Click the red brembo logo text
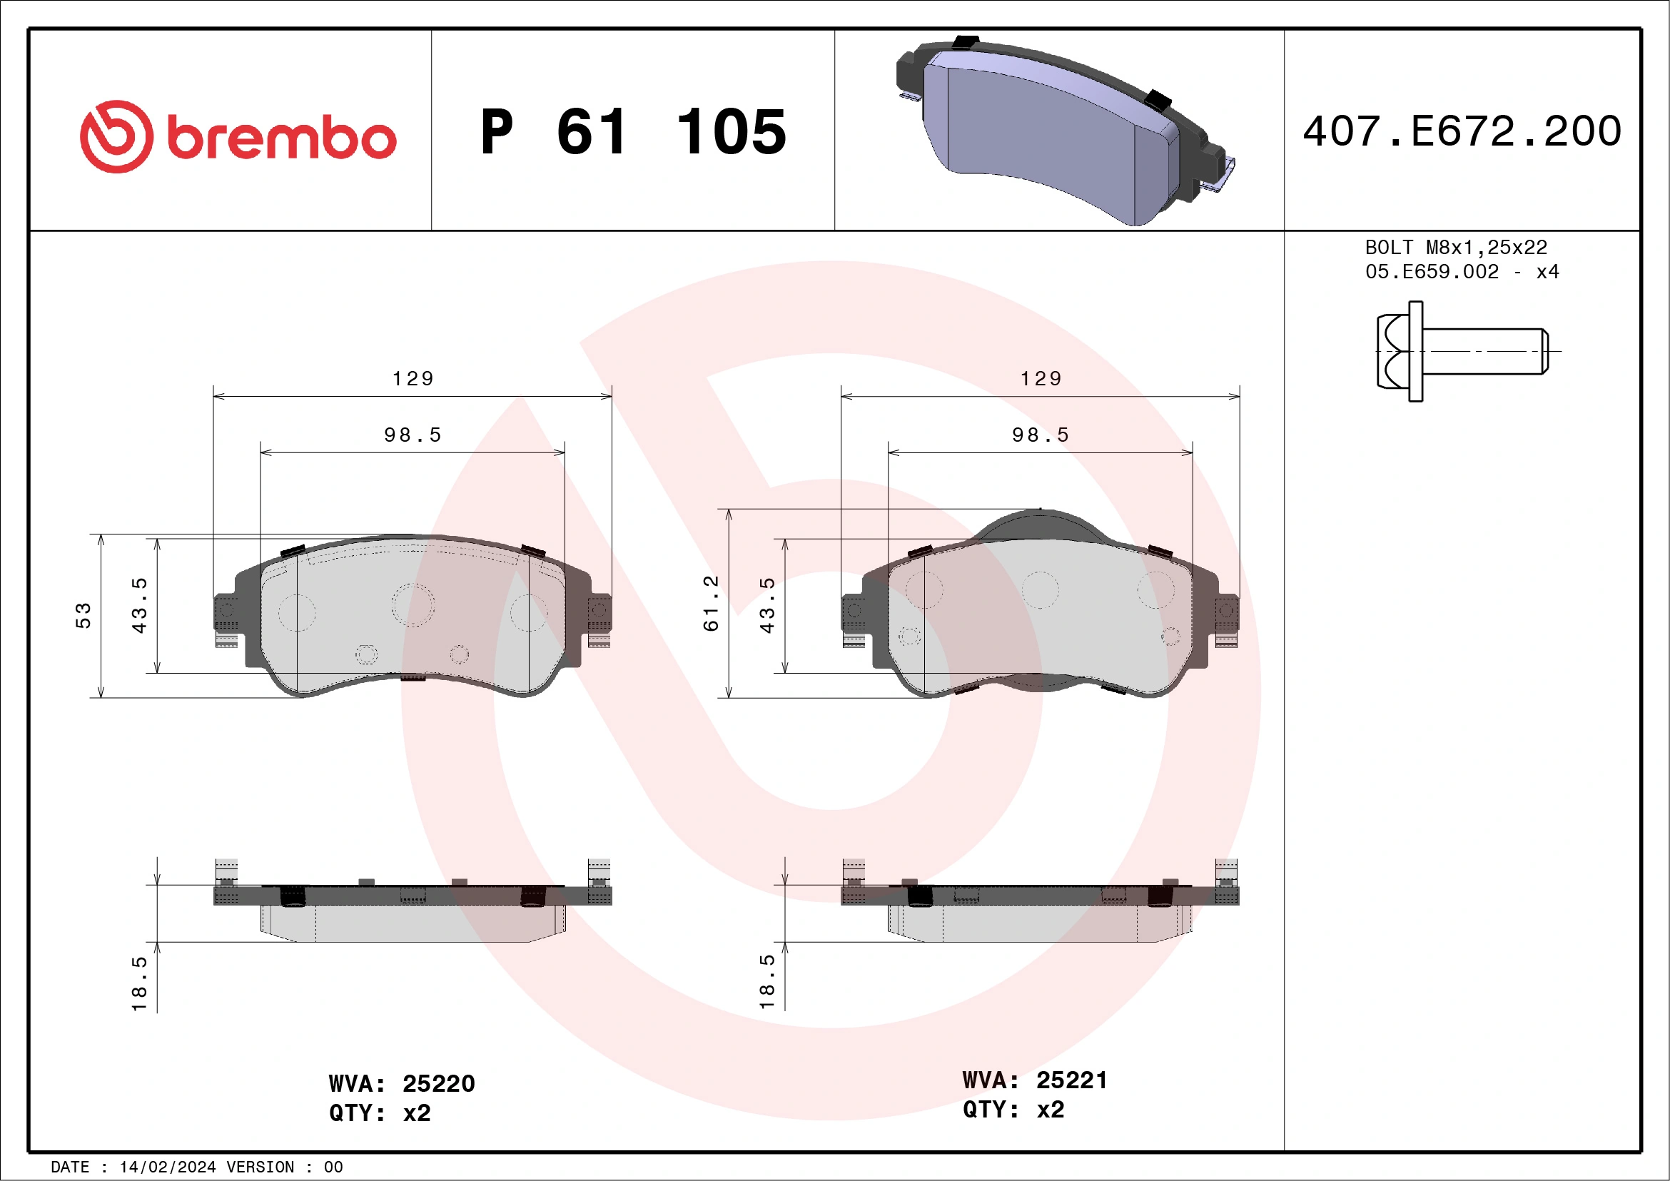[280, 138]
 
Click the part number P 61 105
[633, 132]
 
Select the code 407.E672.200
[1462, 131]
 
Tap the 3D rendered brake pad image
[1062, 131]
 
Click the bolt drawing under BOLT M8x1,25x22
[1462, 351]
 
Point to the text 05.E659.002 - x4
[1462, 272]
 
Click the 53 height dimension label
[83, 615]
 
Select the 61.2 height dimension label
[711, 603]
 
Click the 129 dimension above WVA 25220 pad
[413, 378]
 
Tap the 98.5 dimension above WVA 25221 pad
[1040, 435]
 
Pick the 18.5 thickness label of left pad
[139, 983]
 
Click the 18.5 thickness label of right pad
[766, 982]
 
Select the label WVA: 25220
[402, 1083]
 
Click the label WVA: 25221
[1034, 1080]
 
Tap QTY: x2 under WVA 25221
[1013, 1110]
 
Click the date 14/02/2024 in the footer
[167, 1167]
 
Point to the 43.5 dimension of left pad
[139, 605]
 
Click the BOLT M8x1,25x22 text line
[1456, 247]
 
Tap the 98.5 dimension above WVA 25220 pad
[413, 435]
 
